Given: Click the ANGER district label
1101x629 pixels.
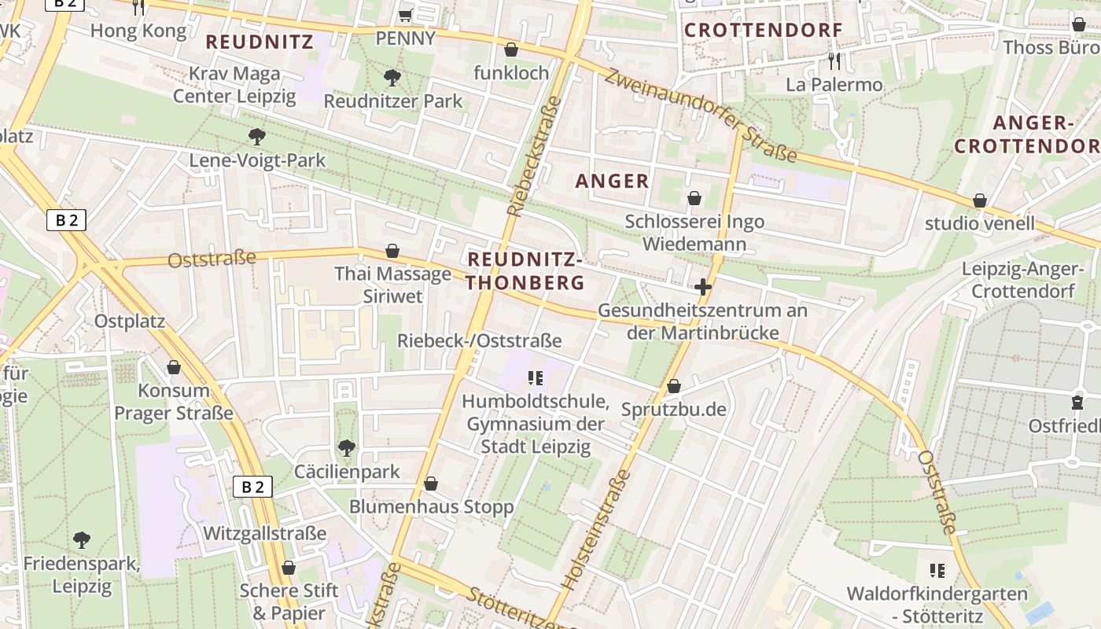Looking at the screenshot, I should tap(613, 182).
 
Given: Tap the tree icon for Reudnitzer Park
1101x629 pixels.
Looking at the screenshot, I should tap(392, 78).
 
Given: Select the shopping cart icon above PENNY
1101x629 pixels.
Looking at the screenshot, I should tap(405, 15).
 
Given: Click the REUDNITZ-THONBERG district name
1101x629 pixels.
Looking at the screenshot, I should tap(525, 270).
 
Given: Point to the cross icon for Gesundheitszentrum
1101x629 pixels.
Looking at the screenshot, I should tap(703, 288).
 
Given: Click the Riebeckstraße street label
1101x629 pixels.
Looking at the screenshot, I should tap(534, 156).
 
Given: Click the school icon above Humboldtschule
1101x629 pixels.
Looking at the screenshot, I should tap(536, 378).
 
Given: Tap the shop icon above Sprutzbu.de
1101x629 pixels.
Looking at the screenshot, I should tap(673, 387).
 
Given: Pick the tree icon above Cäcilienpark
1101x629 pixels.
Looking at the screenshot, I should tap(346, 449).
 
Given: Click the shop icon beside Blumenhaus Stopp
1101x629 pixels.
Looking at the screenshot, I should tap(430, 484).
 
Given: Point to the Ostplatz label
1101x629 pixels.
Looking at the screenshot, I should tap(130, 321).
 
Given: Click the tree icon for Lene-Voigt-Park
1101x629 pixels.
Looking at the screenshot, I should tap(256, 137).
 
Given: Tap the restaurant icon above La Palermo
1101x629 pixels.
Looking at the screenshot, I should tap(834, 60).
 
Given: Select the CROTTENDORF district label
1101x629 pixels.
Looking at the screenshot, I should tap(763, 31).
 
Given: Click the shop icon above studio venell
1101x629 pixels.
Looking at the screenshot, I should tap(979, 201).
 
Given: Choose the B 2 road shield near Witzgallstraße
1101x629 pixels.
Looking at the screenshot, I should tap(252, 487).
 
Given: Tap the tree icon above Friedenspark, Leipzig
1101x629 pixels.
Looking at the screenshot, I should tap(81, 540).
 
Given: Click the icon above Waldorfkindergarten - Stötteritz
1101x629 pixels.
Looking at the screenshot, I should tap(937, 570).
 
